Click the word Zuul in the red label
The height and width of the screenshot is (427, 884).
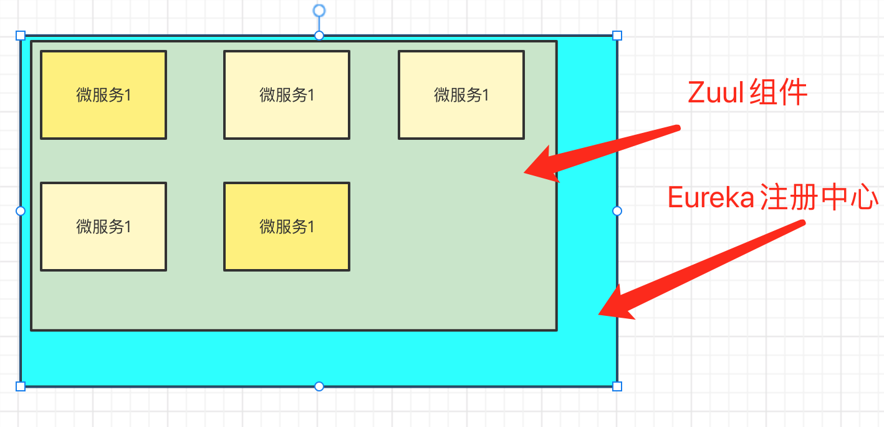tap(716, 93)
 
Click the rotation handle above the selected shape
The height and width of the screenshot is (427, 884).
tap(319, 11)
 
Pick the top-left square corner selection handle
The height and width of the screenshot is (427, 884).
tap(21, 36)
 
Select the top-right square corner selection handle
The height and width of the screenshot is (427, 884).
tap(617, 36)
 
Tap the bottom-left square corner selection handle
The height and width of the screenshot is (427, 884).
tap(21, 386)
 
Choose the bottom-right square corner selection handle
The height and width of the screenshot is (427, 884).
tap(617, 386)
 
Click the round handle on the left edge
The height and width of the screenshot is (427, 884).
tap(21, 211)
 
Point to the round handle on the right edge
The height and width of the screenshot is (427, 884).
tap(617, 211)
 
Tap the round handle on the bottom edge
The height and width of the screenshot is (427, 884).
tap(319, 386)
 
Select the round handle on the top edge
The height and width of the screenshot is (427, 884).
tap(319, 36)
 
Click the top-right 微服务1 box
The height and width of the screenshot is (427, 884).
tap(461, 95)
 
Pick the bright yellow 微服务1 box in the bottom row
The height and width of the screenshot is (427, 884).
tap(287, 227)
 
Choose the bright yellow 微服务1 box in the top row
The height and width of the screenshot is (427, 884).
tap(103, 95)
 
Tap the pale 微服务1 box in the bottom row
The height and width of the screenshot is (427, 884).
tap(103, 227)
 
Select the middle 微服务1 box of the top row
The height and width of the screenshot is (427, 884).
tap(287, 95)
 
